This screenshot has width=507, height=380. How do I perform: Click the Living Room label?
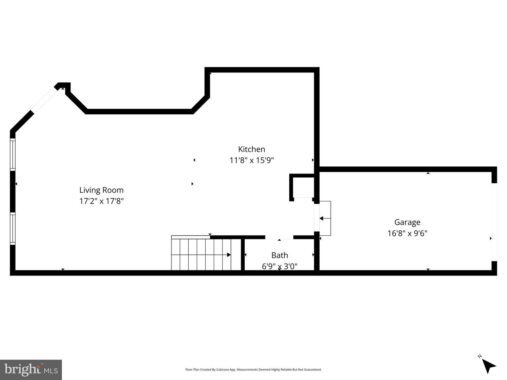[x=101, y=190]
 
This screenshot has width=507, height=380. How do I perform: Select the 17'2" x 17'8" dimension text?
[x=101, y=201]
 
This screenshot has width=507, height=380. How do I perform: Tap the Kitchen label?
[x=251, y=149]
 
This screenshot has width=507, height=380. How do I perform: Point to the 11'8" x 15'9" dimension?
[x=251, y=160]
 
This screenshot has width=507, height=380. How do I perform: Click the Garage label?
[x=407, y=222]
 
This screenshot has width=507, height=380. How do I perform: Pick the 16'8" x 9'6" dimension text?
[x=407, y=233]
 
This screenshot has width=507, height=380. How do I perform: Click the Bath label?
[x=280, y=255]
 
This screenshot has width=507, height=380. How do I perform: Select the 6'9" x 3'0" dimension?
[x=280, y=266]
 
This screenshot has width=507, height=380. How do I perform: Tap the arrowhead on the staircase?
[x=229, y=255]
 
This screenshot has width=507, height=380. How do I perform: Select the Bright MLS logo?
[x=31, y=369]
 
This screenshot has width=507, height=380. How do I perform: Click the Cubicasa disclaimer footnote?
[x=253, y=370]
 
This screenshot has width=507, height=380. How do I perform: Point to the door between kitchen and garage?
[x=322, y=218]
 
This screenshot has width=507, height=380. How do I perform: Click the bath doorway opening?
[x=279, y=237]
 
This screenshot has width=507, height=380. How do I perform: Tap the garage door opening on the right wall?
[x=494, y=222]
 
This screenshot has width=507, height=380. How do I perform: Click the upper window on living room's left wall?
[x=13, y=154]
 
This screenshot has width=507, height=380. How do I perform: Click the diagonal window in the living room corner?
[x=44, y=100]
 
